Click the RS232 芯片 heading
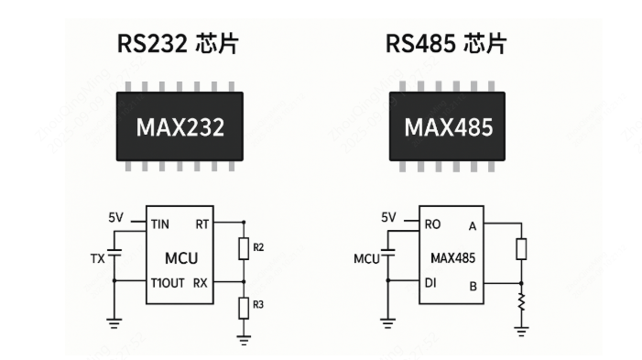(x=180, y=44)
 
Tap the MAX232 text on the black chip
(x=180, y=126)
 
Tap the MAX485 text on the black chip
(x=449, y=126)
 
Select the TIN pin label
(x=161, y=223)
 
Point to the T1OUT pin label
(x=168, y=283)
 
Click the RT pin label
(x=201, y=223)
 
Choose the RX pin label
(x=201, y=283)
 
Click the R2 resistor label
(x=261, y=247)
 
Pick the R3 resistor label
(x=261, y=305)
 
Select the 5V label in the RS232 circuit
(x=115, y=217)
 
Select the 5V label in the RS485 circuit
(x=387, y=217)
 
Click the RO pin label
(x=432, y=223)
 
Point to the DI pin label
(x=430, y=283)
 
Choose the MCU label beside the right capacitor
(x=367, y=258)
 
